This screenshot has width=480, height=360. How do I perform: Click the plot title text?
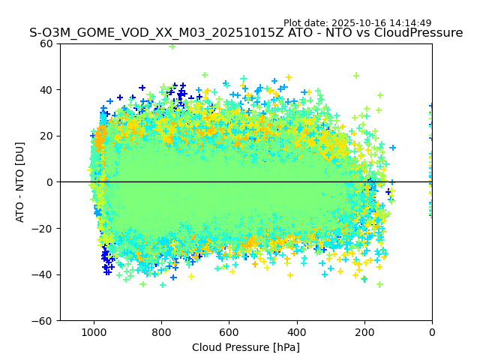[246, 33]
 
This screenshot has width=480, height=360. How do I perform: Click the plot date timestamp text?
[357, 23]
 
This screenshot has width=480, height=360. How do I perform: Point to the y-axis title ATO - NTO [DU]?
[20, 182]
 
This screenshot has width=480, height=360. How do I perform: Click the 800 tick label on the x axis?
[161, 331]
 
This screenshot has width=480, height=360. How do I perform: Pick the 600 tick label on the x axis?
[229, 331]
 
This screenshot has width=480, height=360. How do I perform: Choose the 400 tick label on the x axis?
[296, 331]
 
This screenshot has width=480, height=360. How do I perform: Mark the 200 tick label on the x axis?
[364, 331]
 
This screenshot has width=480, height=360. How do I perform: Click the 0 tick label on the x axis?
[432, 331]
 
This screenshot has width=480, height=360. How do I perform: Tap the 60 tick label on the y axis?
[46, 43]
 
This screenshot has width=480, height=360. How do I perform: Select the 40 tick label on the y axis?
[46, 90]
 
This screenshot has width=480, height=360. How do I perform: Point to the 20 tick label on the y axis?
[46, 136]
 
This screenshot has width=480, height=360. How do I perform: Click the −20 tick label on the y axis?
[43, 229]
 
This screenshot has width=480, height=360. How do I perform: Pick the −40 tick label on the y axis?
[43, 274]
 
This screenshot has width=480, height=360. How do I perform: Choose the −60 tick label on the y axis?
[43, 321]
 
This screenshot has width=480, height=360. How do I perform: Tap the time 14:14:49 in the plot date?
[409, 23]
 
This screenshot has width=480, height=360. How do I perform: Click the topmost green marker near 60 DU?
[172, 46]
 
